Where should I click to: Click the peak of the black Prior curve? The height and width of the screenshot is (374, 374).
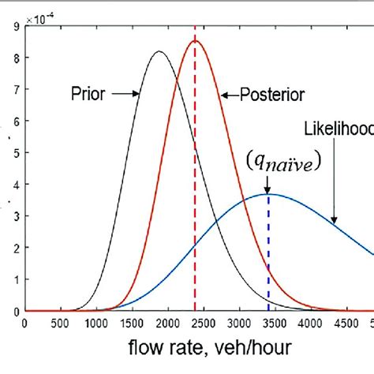coord(159,52)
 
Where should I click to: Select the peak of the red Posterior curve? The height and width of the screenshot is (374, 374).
coord(196,41)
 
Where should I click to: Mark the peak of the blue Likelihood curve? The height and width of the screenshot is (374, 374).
coord(268,194)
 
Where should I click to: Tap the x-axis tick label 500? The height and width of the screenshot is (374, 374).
coord(60,322)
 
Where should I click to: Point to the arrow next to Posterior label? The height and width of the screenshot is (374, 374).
coord(226,95)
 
